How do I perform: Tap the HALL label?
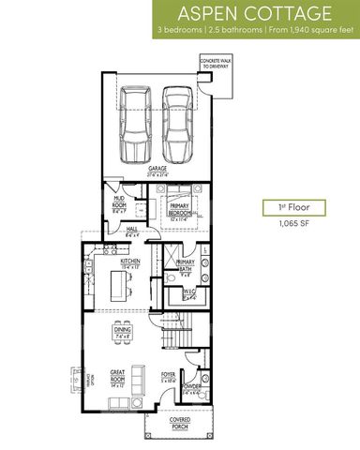131,229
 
